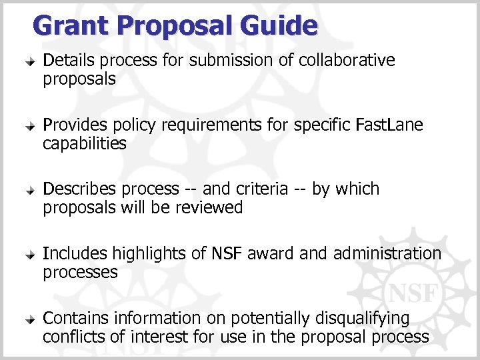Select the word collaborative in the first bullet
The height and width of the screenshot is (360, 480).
point(347,61)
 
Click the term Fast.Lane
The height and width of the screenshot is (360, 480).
point(389,125)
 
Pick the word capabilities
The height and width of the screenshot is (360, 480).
point(84,144)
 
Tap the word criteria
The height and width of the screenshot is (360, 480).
point(256,189)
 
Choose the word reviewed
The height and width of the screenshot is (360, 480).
point(209,208)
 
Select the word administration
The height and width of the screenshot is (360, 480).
point(387,254)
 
